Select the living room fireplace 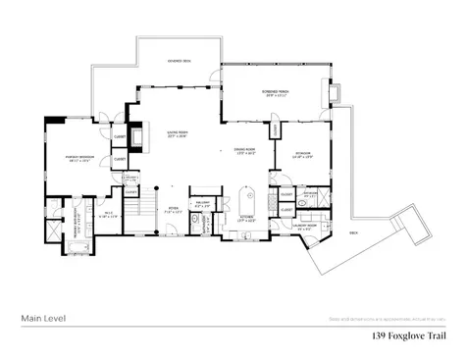pos(135,137)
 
